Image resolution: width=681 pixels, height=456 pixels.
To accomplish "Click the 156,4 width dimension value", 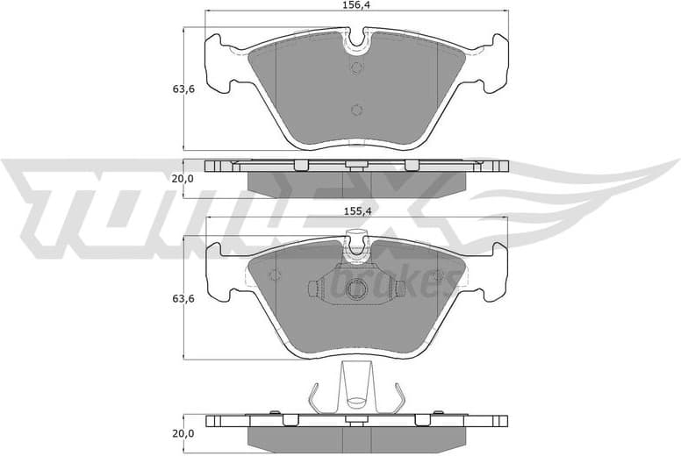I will click(356, 5).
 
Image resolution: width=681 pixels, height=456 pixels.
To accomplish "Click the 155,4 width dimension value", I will click(356, 211).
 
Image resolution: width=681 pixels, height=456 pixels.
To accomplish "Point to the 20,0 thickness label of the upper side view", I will click(182, 178).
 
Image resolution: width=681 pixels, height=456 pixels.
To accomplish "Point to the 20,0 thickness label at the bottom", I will click(182, 433).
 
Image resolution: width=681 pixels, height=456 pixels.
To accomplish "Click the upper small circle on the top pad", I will click(356, 69).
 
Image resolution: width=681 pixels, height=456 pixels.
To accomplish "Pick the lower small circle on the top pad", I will click(356, 110).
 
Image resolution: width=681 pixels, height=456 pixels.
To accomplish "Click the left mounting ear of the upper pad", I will click(215, 61).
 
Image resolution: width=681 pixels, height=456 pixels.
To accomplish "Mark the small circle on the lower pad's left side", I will click(275, 274).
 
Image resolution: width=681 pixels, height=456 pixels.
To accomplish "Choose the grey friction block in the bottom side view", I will click(356, 436).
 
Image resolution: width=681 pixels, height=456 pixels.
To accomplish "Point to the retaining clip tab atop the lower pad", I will click(356, 239).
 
